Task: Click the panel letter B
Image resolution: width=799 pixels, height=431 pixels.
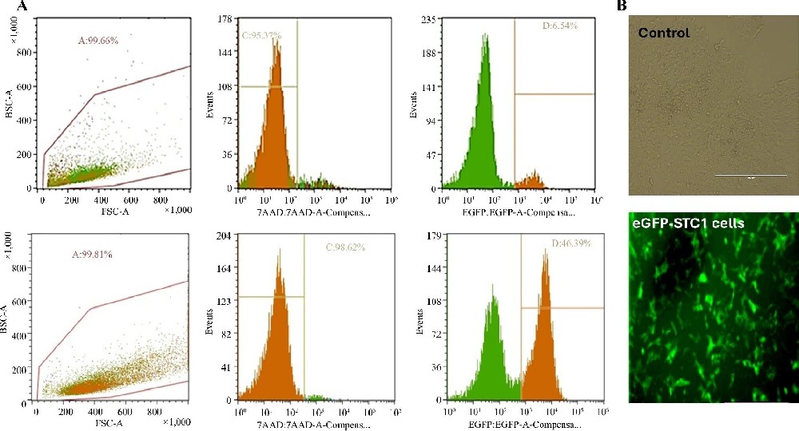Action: (x=622, y=6)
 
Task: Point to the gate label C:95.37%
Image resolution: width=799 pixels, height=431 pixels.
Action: (x=266, y=35)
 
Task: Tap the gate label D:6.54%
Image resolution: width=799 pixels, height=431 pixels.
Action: (x=559, y=26)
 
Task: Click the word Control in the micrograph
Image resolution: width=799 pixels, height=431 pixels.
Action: (x=664, y=34)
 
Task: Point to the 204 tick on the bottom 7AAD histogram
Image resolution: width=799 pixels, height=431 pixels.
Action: (x=224, y=237)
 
